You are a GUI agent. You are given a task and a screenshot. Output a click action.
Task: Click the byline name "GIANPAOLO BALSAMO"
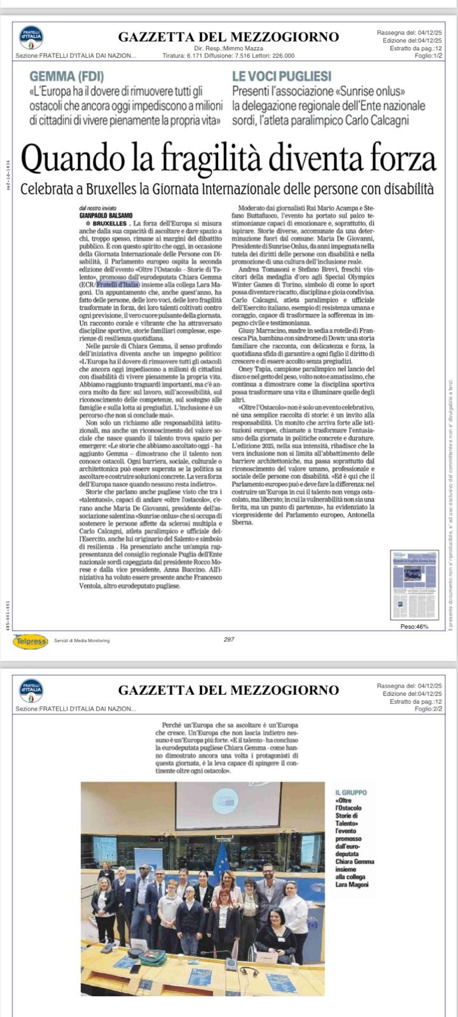106,215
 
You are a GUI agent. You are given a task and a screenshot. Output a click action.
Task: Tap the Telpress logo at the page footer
30,640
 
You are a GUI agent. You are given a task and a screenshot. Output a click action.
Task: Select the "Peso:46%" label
414,626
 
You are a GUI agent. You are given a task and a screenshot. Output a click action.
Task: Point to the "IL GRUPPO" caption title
351,794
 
